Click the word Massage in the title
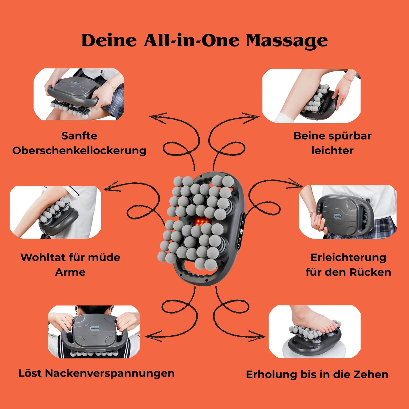pos(286,41)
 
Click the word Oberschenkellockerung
pos(79,151)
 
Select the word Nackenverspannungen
pos(110,373)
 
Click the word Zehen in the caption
pos(372,374)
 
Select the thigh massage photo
pos(79,94)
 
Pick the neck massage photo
pos(94,331)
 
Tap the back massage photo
pos(348,212)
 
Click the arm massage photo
pos(55,212)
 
